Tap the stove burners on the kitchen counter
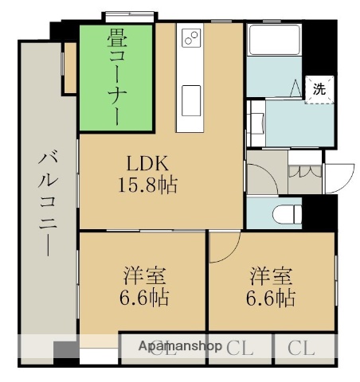(192, 37)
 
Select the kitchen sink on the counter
(192, 99)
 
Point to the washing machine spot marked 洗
(318, 89)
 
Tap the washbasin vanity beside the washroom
(258, 123)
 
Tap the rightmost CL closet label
(301, 348)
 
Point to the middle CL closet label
(240, 348)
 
